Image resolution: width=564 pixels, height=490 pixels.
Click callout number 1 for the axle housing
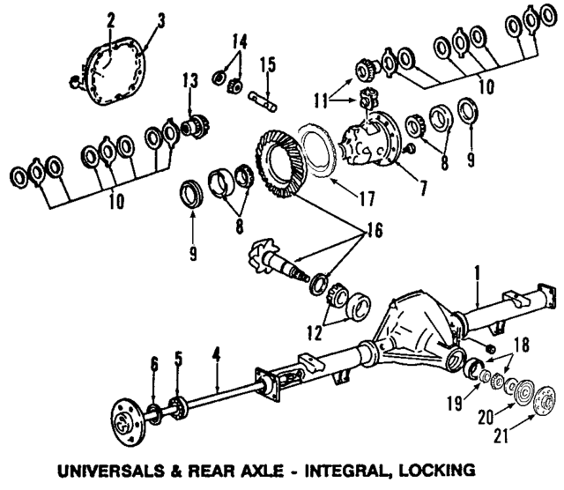coord(477,274)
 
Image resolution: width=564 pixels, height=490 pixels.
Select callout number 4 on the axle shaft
coord(216,358)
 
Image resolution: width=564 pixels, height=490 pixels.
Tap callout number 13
coord(188,82)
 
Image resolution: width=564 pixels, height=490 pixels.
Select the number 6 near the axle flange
coord(153,363)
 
